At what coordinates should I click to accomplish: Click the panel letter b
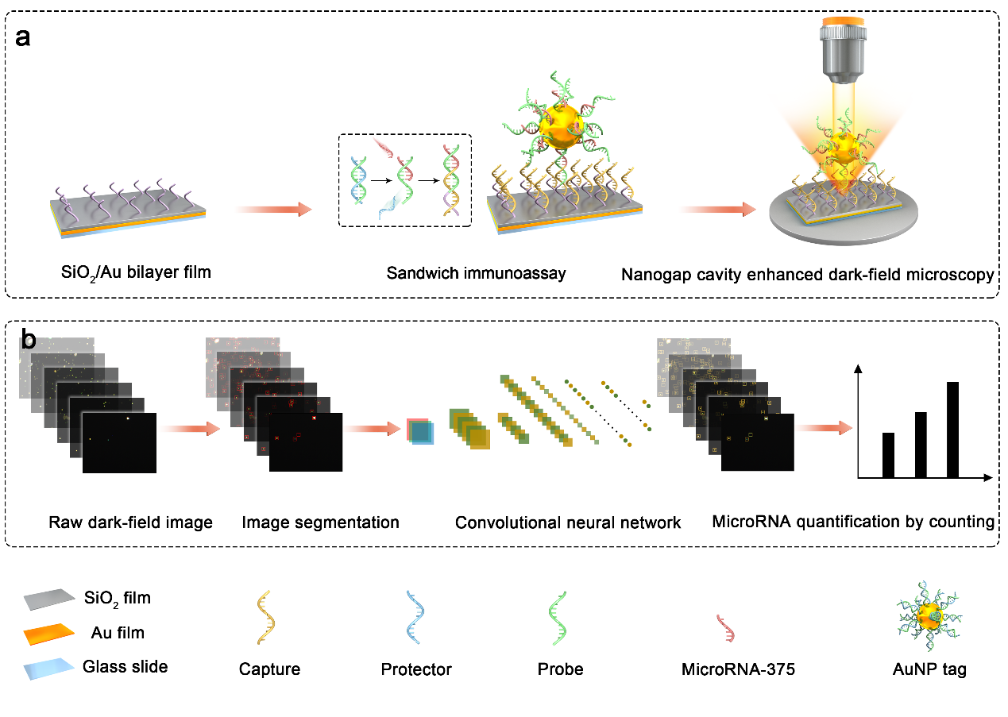[x=27, y=341]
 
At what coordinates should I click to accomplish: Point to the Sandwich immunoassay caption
[x=476, y=274]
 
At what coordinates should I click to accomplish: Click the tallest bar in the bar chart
[x=952, y=430]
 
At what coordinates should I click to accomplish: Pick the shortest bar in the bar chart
[x=888, y=455]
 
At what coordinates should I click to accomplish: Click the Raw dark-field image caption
[x=130, y=522]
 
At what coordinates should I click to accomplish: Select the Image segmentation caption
[x=320, y=522]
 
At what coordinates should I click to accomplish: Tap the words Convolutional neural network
[x=568, y=522]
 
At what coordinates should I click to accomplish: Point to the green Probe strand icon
[x=560, y=622]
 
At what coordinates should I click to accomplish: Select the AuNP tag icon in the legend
[x=928, y=617]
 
